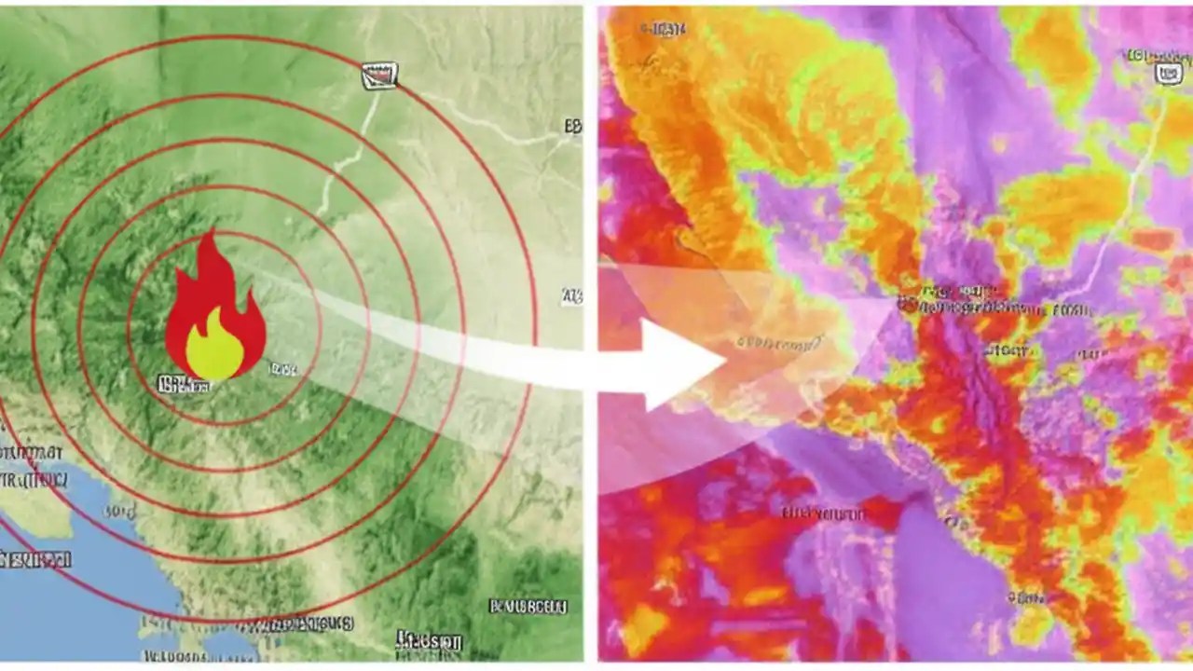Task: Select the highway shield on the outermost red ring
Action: pyautogui.click(x=379, y=76)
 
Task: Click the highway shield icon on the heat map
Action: pyautogui.click(x=1169, y=73)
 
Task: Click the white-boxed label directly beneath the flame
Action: pyautogui.click(x=183, y=384)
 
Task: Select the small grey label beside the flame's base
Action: pyautogui.click(x=282, y=369)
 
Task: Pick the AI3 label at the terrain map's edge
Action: pyautogui.click(x=571, y=296)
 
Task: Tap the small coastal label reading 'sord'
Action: pyautogui.click(x=119, y=511)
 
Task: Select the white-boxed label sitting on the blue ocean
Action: pyautogui.click(x=35, y=560)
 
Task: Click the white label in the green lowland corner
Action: pyautogui.click(x=528, y=607)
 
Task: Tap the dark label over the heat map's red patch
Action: pyautogui.click(x=825, y=514)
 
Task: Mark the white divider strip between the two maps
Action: pyautogui.click(x=590, y=335)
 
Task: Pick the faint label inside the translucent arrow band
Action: pyautogui.click(x=778, y=342)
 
